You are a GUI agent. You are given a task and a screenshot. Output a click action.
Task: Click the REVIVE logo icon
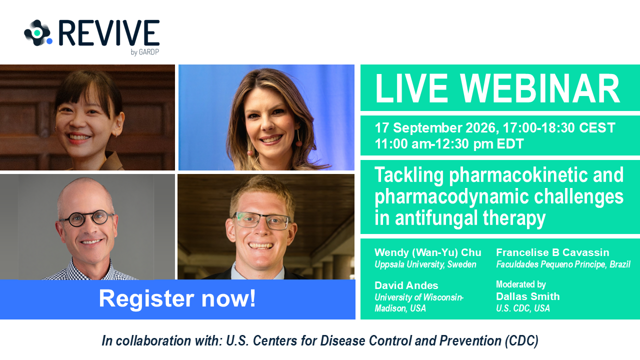(x=38, y=33)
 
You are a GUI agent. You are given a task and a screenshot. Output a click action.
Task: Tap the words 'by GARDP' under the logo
(x=144, y=52)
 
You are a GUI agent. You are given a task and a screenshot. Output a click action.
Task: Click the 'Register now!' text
(x=177, y=298)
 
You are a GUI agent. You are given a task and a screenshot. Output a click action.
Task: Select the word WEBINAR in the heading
(x=539, y=88)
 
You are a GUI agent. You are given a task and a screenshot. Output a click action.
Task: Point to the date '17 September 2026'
(x=436, y=127)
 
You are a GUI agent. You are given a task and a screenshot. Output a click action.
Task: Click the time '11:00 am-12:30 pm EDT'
(x=449, y=143)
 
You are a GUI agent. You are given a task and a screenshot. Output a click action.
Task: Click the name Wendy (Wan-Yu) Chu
(x=427, y=252)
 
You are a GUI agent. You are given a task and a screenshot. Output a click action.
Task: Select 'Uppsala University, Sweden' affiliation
(x=425, y=264)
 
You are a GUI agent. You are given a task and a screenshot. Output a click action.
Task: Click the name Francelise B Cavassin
(x=552, y=252)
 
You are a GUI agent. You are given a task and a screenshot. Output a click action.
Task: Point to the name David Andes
(x=406, y=285)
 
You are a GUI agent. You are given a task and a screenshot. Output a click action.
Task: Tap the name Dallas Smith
(x=527, y=296)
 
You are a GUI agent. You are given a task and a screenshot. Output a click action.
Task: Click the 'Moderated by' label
(x=521, y=284)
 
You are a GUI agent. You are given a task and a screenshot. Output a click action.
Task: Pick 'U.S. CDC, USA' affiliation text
(x=523, y=308)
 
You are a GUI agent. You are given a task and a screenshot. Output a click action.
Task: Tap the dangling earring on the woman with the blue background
(x=299, y=137)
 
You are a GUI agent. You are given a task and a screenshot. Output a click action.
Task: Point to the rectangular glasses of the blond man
(x=261, y=221)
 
